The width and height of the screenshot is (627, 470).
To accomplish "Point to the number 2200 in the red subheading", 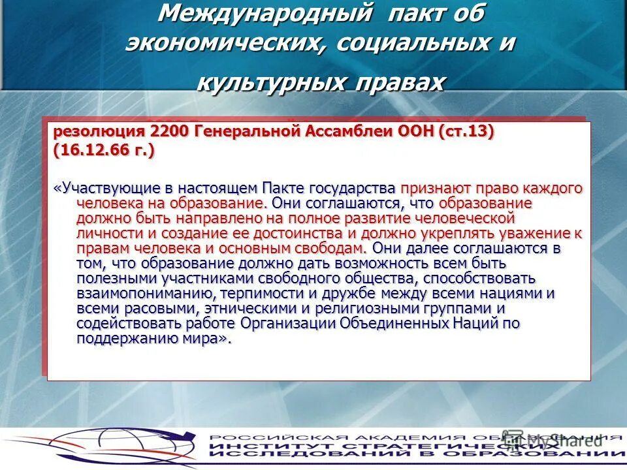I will [169, 131].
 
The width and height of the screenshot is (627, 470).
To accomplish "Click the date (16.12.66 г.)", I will [104, 150].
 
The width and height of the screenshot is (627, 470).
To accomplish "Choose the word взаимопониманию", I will [145, 293].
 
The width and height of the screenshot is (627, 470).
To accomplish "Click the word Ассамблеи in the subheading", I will [347, 131].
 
